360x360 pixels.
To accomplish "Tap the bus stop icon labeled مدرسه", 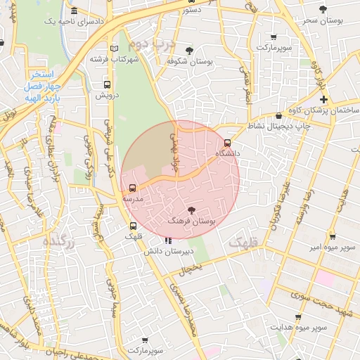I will (x=133, y=188).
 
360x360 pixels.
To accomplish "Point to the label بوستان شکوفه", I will (x=190, y=61).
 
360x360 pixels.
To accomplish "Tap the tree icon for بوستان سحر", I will (x=323, y=9).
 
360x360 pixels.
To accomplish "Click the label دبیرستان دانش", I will (x=164, y=250).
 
